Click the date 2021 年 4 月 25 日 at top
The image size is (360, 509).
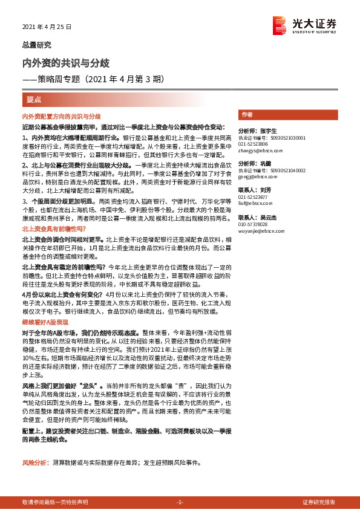click(x=47, y=27)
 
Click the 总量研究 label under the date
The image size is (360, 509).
click(x=36, y=45)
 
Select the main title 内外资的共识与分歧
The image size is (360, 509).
click(x=65, y=63)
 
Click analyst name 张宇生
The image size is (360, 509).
click(x=269, y=131)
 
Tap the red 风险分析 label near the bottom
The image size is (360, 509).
click(x=34, y=464)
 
